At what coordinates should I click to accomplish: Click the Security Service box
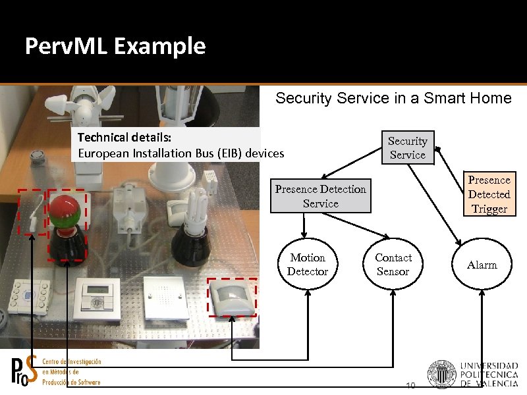coord(407,147)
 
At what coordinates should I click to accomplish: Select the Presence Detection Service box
coord(321,196)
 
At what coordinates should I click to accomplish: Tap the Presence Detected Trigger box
coord(489,194)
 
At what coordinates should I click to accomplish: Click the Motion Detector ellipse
coord(307,265)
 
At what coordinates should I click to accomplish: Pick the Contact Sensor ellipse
coord(393,265)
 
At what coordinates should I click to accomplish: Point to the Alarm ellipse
coord(482,265)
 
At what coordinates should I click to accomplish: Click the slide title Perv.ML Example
coord(115,47)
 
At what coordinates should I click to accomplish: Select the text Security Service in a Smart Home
coord(393,99)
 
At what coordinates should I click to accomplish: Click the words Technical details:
coord(125,139)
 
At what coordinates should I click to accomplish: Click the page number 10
coord(410,385)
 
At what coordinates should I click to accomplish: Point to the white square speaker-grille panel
coord(161,294)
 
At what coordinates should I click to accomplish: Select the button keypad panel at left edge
coord(31,296)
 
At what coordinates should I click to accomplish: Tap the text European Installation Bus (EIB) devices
coord(181,153)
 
